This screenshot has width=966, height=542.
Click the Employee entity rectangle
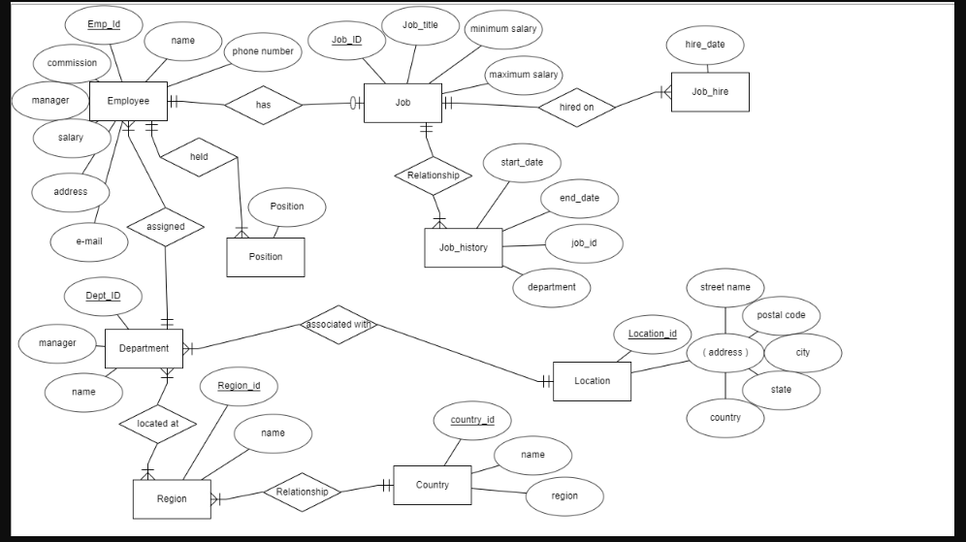tap(128, 101)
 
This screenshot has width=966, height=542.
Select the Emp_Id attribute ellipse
tap(103, 24)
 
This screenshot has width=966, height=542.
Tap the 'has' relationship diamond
tap(263, 105)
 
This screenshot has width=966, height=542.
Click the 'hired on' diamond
tap(576, 107)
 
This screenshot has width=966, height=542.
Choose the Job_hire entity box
tap(710, 92)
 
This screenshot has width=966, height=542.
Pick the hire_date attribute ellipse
tap(706, 45)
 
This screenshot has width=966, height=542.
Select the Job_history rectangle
tap(464, 247)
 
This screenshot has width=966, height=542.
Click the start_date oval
tap(522, 163)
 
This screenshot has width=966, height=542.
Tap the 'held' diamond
tap(199, 157)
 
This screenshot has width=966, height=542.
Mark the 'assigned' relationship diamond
tap(165, 227)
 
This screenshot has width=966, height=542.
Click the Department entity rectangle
tap(144, 348)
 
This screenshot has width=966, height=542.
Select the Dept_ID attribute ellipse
tap(103, 296)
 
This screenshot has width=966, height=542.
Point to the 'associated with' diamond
tap(339, 324)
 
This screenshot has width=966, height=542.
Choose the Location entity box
tap(592, 381)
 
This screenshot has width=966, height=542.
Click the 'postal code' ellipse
tap(781, 316)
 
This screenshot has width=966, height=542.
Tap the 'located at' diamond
tap(158, 424)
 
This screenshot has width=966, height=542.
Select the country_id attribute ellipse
tap(472, 421)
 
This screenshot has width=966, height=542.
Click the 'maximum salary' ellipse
tap(524, 75)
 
